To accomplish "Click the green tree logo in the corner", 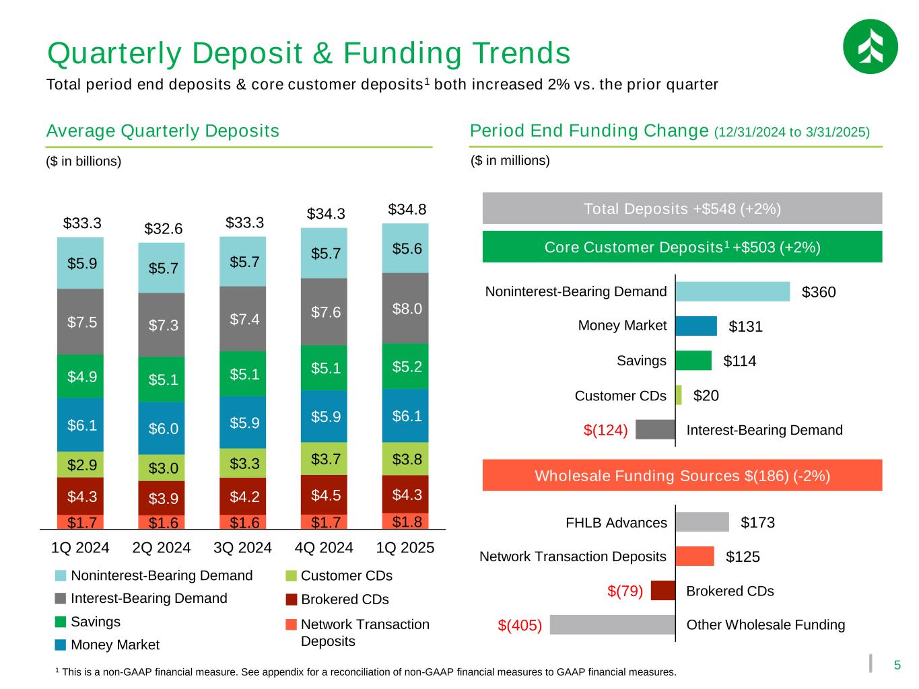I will coord(870,46).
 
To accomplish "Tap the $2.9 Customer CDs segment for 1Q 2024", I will coord(81,464).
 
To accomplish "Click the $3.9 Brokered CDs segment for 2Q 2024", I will coord(162,498).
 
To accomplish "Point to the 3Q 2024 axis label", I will coord(242,548).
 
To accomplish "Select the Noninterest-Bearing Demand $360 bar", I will coord(733,291).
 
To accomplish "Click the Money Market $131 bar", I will coord(696,326).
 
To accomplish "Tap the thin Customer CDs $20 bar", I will coord(679,395).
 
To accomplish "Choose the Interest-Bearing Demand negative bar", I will coord(655,429).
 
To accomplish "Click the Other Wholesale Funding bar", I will coord(613,624).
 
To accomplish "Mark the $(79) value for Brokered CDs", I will coord(625,591).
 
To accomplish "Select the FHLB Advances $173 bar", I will coord(702,522).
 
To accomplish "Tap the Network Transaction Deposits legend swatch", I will coord(291,624).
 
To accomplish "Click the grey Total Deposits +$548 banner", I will coord(682,209).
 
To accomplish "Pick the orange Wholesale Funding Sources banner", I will coord(682,476).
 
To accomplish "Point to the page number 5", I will coord(896,665).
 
